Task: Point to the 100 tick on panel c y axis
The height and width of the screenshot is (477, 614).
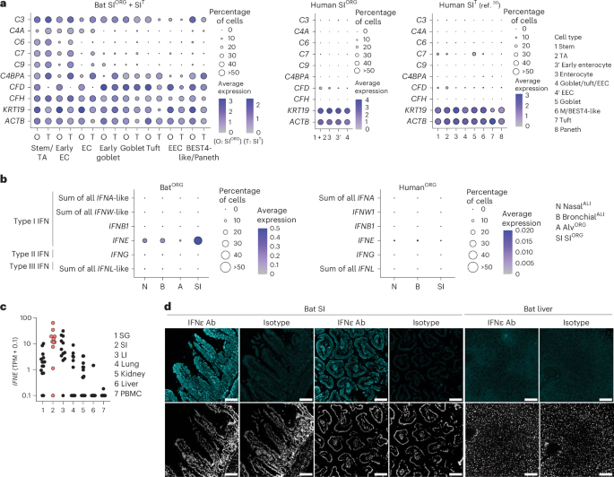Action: (x=23, y=319)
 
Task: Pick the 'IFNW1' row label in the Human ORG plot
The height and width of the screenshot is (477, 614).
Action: (x=368, y=214)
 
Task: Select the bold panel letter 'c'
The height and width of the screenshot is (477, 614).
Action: (x=4, y=307)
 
